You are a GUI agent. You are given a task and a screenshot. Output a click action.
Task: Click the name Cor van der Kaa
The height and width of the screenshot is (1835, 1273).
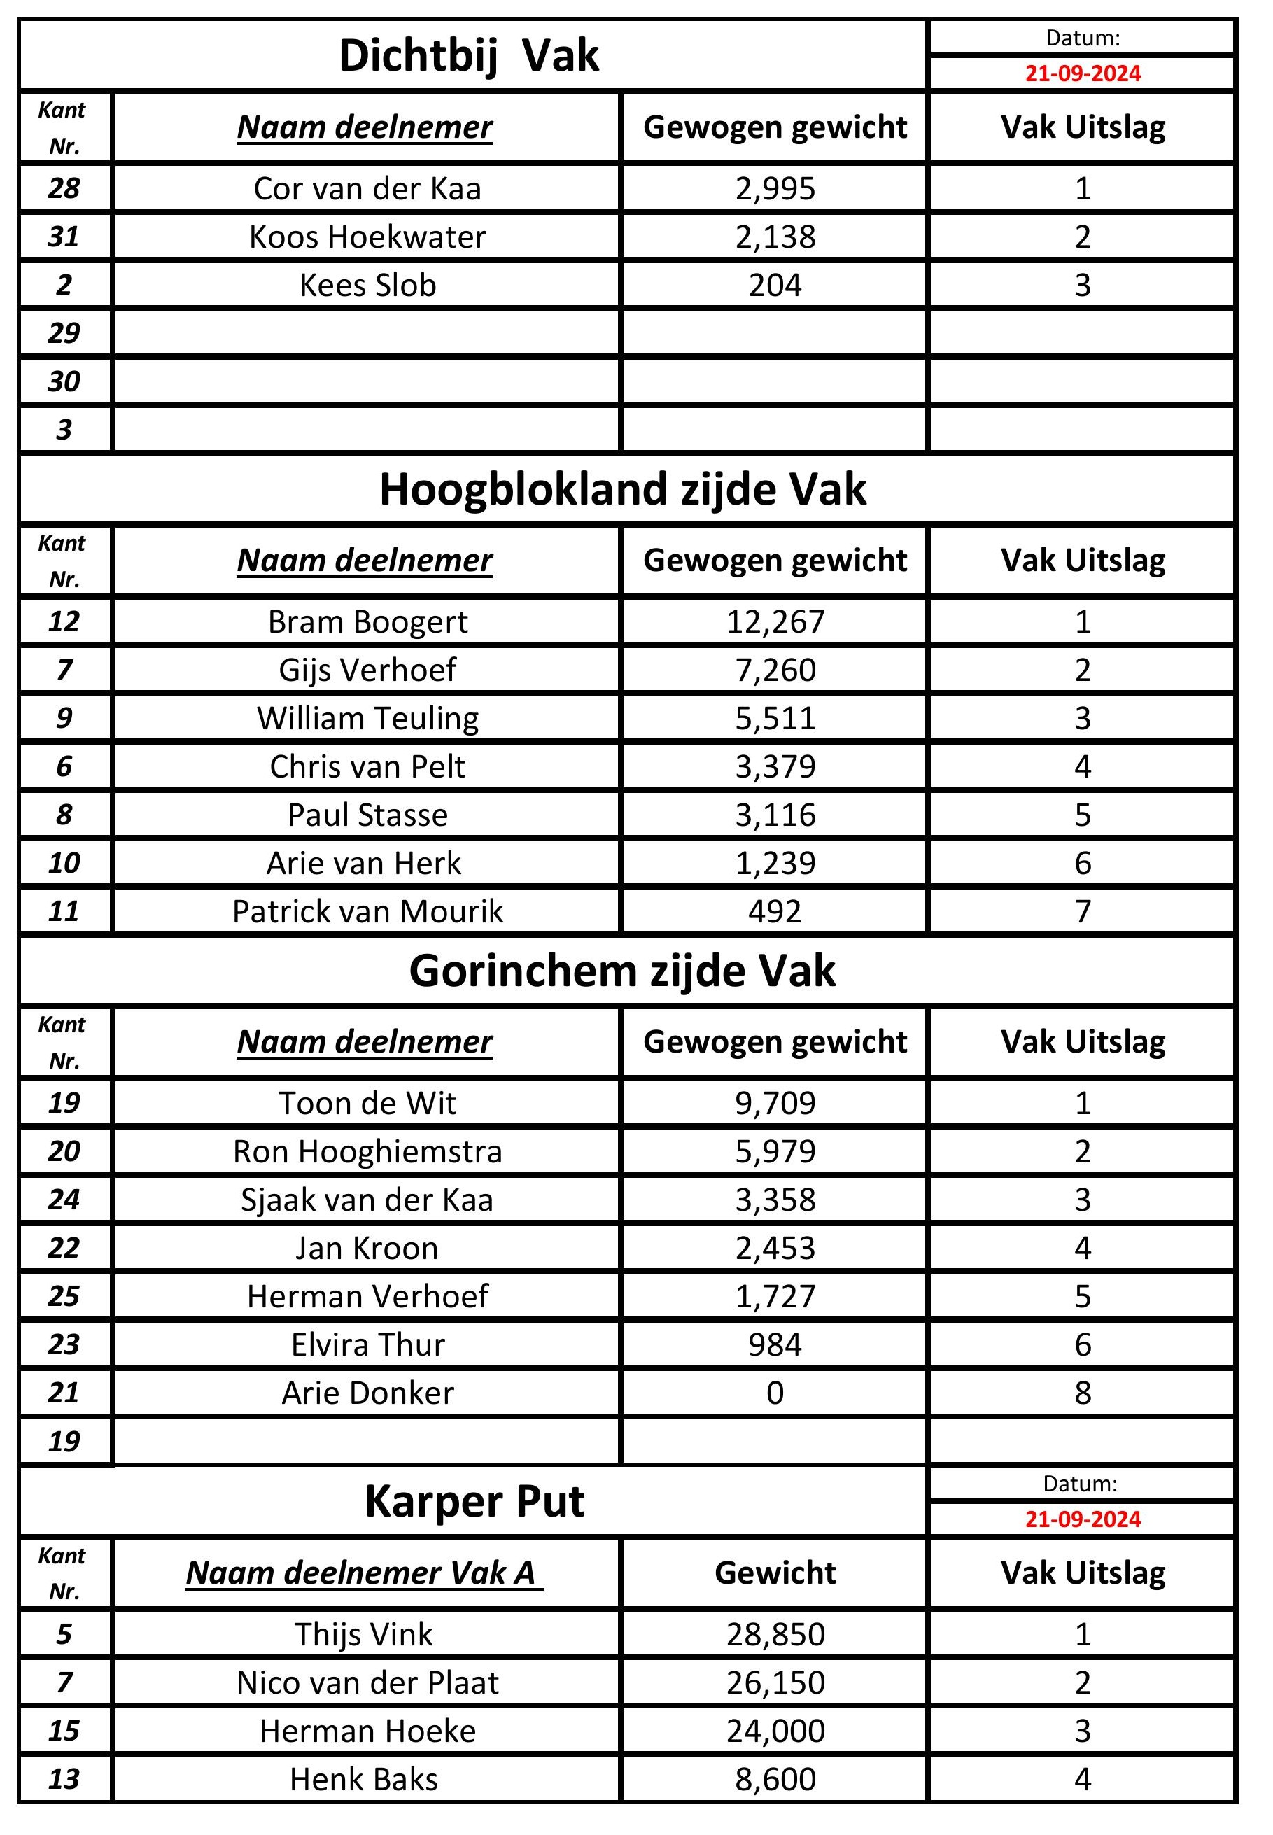pos(367,189)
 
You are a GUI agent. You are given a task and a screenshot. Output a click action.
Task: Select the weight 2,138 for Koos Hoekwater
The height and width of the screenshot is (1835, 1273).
pos(775,237)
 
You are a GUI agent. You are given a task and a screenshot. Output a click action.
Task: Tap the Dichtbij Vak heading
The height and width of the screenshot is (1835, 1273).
pos(468,56)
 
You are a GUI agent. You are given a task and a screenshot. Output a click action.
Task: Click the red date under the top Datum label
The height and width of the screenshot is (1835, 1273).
pos(1083,73)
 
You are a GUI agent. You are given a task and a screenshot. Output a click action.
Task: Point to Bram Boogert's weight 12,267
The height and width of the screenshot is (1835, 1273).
pos(775,622)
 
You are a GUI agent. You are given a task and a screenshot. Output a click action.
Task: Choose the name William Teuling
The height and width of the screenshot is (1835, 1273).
pos(367,719)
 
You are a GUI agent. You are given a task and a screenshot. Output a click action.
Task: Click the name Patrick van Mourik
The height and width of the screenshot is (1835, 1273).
pos(367,911)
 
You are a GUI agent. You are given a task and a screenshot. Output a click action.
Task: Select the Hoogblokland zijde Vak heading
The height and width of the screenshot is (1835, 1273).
pos(622,489)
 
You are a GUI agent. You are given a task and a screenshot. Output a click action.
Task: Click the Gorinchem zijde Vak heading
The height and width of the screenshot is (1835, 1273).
pos(622,971)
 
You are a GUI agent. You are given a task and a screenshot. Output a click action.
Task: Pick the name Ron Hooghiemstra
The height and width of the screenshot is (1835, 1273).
pos(367,1151)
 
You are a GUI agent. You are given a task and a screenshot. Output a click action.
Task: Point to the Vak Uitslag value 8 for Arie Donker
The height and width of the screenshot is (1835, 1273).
pos(1083,1393)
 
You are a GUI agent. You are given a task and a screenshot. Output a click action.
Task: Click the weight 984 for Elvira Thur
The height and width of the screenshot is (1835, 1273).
pos(775,1344)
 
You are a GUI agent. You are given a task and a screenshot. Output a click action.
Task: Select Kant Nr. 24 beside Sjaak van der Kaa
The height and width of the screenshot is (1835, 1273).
pos(64,1200)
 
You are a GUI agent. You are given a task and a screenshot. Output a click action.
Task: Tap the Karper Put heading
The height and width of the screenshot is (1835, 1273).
pos(474,1502)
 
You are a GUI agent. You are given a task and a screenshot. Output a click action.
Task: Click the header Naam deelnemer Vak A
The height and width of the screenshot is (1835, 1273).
pos(364,1573)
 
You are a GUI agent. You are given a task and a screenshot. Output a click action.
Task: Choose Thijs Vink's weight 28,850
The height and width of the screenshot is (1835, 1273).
pos(775,1635)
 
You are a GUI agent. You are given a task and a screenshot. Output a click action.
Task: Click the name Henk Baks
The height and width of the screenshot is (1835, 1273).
pos(364,1779)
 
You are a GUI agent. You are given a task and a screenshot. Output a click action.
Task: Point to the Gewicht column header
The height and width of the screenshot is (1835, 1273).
pos(775,1573)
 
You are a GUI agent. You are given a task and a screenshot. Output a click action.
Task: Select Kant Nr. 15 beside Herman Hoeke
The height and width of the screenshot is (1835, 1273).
pos(64,1731)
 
